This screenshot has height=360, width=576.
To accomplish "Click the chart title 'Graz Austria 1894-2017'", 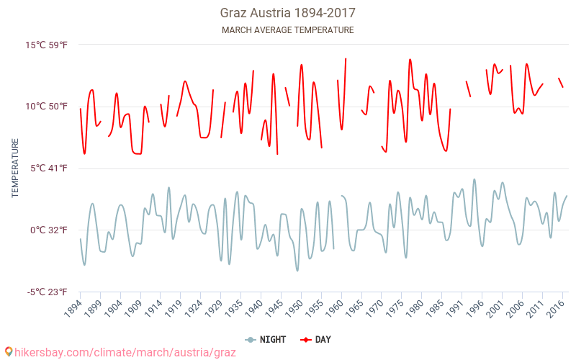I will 287,13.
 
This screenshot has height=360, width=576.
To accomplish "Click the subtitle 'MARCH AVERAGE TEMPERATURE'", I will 287,30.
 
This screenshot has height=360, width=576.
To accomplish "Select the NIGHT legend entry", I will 266,339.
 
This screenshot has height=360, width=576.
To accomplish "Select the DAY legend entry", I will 316,339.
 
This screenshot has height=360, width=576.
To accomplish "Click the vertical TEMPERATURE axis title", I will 15,168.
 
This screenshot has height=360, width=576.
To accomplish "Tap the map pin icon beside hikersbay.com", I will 8,352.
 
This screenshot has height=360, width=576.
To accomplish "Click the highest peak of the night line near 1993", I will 474,179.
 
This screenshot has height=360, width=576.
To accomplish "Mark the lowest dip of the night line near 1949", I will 297,271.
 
